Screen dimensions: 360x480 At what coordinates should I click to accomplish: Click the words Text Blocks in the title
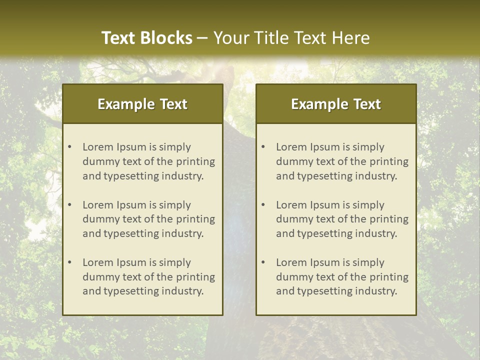(x=146, y=38)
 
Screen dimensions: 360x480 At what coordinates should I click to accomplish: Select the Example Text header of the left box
(x=142, y=104)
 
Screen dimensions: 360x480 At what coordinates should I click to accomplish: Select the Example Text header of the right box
(x=336, y=104)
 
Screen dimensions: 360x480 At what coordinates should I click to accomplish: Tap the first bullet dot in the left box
(x=70, y=147)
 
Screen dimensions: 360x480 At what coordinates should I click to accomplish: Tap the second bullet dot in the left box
(x=70, y=205)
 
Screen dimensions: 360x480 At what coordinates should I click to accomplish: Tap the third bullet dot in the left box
(x=70, y=262)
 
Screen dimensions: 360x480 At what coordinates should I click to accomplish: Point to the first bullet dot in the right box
(x=263, y=147)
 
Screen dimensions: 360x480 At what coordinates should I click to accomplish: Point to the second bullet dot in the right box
(x=263, y=205)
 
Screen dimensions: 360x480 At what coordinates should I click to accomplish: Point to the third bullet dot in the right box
(x=263, y=262)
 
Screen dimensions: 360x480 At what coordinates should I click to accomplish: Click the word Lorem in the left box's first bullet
(x=98, y=147)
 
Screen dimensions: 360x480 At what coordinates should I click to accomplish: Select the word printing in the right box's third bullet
(x=389, y=277)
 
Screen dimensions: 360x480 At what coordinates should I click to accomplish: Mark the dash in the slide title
(x=202, y=38)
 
